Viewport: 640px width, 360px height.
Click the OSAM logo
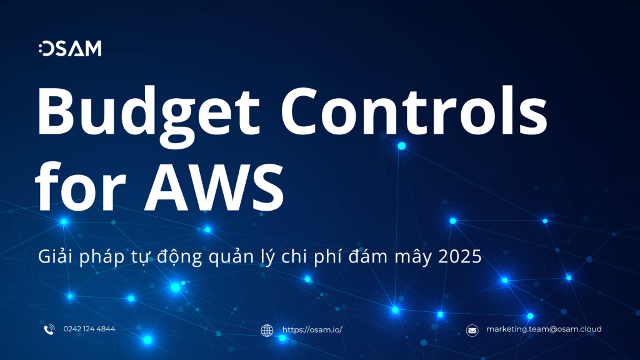69,49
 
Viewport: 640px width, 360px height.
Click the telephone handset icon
49,329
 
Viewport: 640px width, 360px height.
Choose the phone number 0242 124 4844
89,329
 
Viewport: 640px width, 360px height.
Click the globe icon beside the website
267,330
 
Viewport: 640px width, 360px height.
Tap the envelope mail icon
472,330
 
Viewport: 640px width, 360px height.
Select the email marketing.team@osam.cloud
544,329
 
